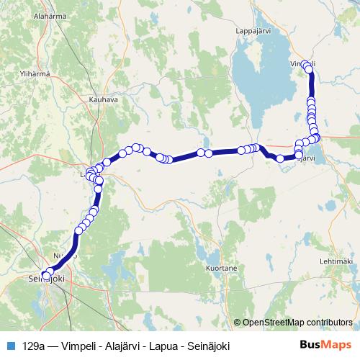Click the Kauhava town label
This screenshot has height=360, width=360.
point(103,99)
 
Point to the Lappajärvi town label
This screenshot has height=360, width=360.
point(256,32)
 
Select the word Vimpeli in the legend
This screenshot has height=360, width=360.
point(77,344)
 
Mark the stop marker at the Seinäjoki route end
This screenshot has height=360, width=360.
point(47,274)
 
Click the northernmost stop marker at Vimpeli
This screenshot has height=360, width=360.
point(305,63)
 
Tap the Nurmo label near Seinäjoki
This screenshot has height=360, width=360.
point(66,256)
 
